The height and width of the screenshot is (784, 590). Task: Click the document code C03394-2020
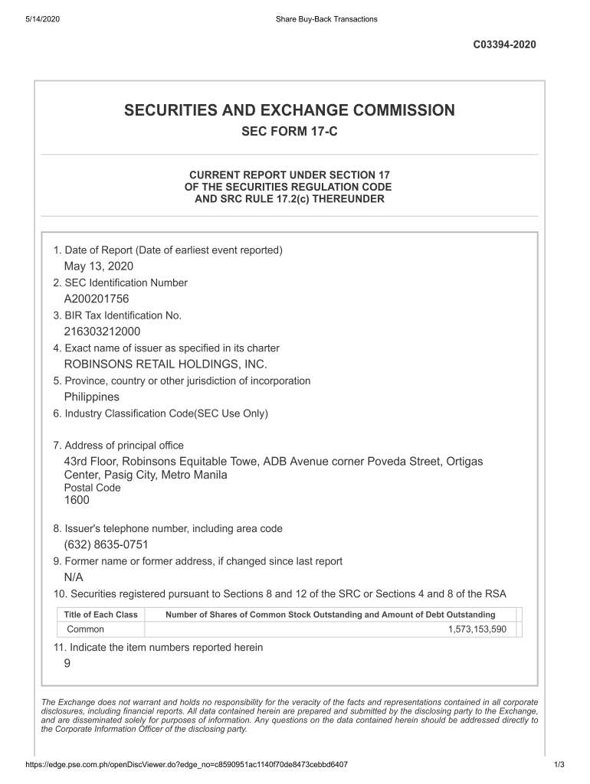click(x=506, y=44)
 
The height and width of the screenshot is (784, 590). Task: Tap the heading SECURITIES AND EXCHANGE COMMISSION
click(x=290, y=111)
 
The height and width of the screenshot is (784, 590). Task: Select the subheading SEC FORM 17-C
click(x=290, y=132)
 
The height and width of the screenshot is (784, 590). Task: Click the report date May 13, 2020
click(x=99, y=266)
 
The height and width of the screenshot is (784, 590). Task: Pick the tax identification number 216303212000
click(x=102, y=332)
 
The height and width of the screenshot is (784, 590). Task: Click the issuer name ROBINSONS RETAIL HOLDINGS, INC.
click(x=166, y=364)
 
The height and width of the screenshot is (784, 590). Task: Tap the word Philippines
click(x=92, y=397)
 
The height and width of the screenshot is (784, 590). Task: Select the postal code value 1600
click(x=77, y=500)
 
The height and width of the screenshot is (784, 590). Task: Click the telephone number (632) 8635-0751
click(x=106, y=545)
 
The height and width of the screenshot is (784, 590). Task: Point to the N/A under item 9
click(x=74, y=577)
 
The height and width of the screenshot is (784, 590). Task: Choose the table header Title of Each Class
click(x=100, y=615)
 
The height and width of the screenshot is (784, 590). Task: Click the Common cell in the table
click(x=86, y=629)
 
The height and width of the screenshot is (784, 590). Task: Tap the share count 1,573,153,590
click(x=477, y=629)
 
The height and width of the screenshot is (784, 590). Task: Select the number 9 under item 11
click(x=67, y=664)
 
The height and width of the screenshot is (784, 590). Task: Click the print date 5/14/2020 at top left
click(x=42, y=19)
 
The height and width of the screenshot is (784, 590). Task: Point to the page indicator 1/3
click(x=559, y=765)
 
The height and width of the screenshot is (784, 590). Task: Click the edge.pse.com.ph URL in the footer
click(x=187, y=765)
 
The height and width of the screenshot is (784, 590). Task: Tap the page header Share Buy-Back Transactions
click(x=326, y=19)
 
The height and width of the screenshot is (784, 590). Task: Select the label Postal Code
click(x=92, y=488)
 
